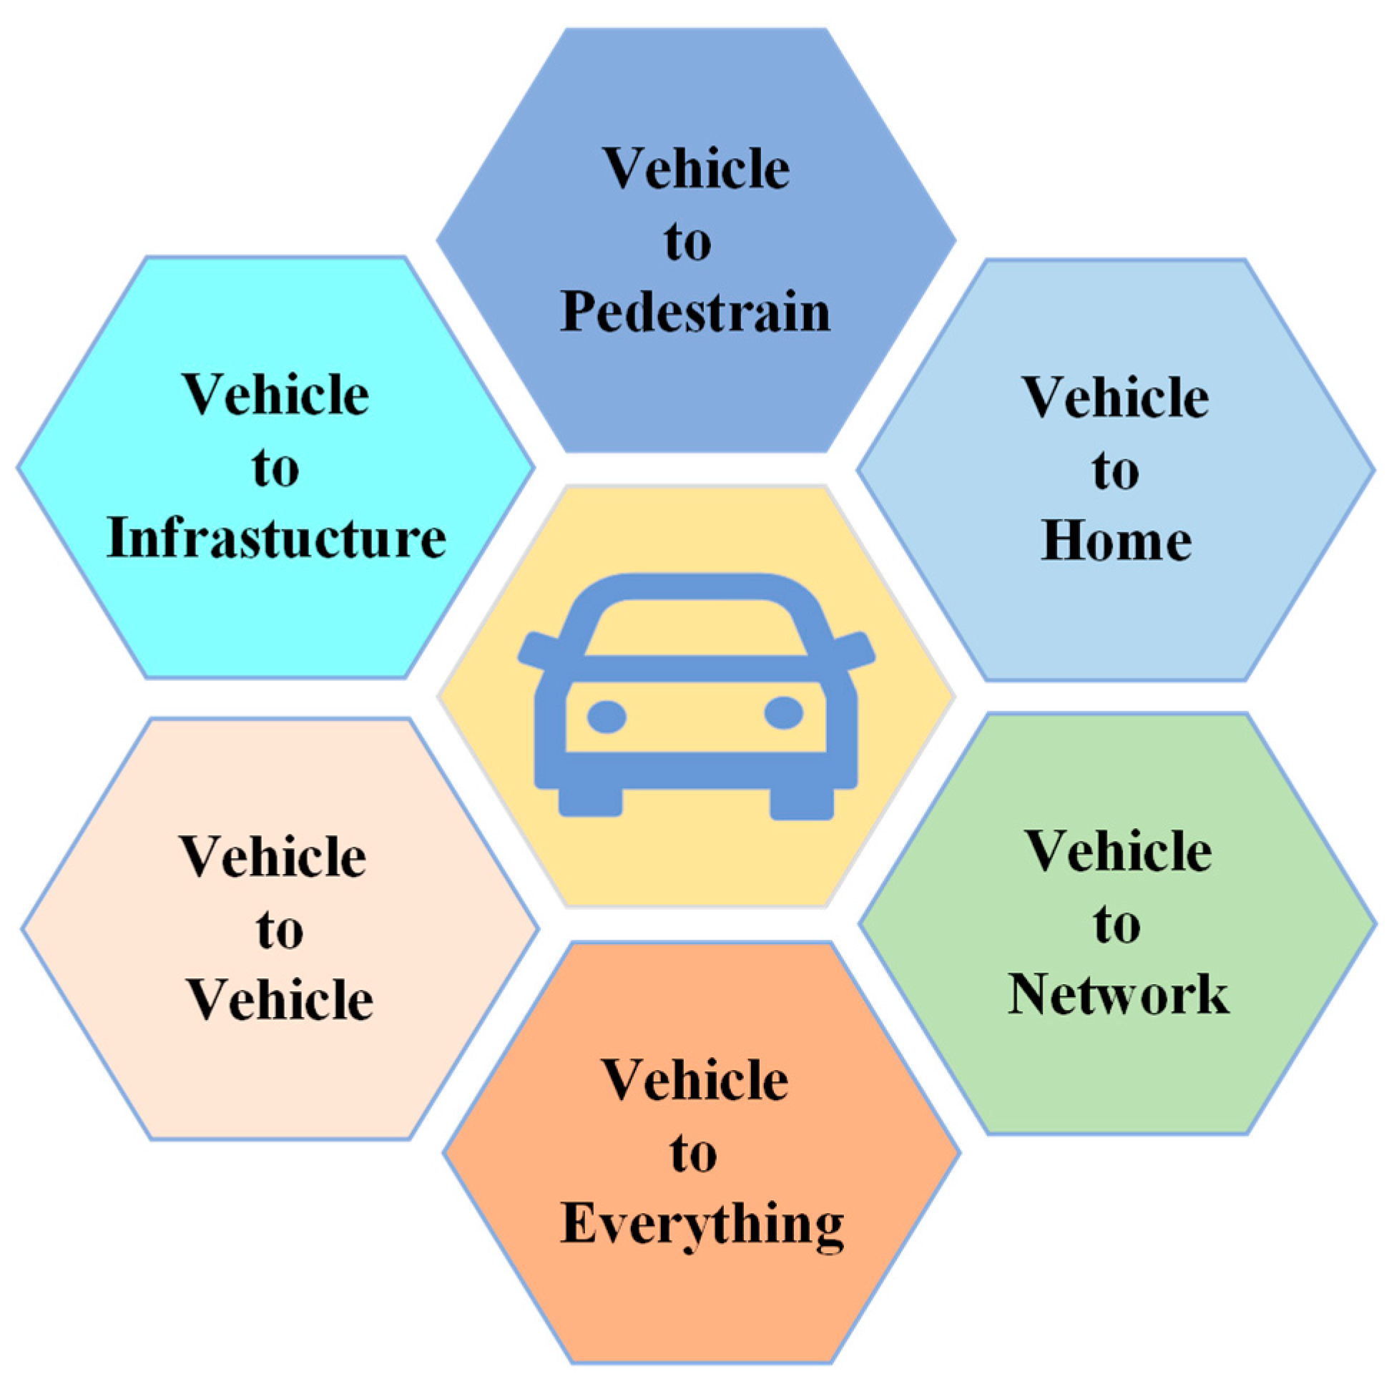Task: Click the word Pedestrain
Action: (x=694, y=313)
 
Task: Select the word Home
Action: (x=1116, y=541)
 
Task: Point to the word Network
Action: (x=1118, y=994)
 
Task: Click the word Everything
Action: (x=702, y=1224)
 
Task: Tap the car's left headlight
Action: (x=606, y=717)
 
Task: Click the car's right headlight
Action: (x=784, y=713)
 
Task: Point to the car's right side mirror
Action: (x=855, y=649)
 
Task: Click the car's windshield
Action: (x=694, y=627)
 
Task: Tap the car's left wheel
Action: (x=590, y=801)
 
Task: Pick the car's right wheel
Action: (x=802, y=803)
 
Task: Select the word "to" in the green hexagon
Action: (x=1116, y=925)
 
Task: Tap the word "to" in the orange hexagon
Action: (x=692, y=1154)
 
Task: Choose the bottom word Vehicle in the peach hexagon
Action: (x=280, y=1000)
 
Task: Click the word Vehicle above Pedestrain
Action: (x=696, y=169)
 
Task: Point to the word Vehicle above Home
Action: (x=1116, y=398)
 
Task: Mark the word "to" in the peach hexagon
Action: (x=279, y=930)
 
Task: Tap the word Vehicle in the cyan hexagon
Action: (x=275, y=396)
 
